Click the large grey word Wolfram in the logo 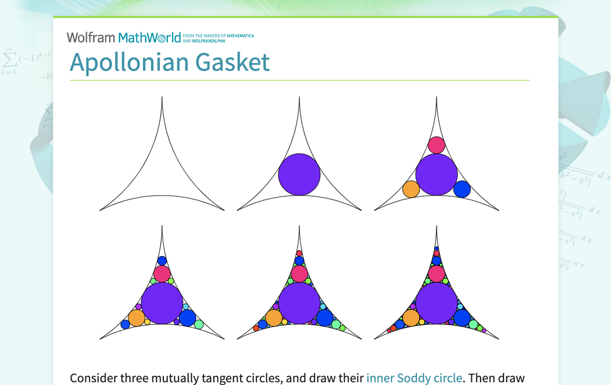pos(91,38)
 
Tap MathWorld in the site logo pos(150,38)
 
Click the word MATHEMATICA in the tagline pos(241,36)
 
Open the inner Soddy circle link pos(414,378)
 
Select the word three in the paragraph pos(134,378)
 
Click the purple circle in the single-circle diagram pos(299,174)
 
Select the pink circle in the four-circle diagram pos(436,145)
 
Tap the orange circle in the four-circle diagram pos(411,189)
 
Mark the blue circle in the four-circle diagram pos(462,189)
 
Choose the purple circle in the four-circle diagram pos(436,174)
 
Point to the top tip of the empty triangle pos(162,97)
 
